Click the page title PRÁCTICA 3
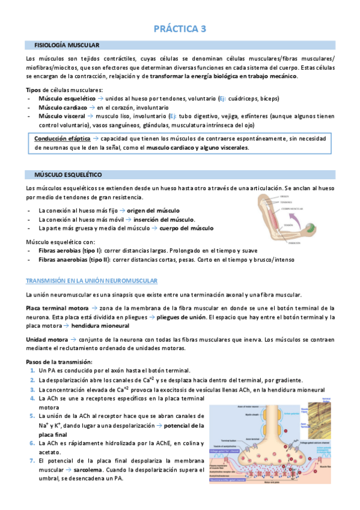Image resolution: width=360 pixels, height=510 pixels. pyautogui.click(x=180, y=28)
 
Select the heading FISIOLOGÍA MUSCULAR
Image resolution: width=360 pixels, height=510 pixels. pyautogui.click(x=67, y=45)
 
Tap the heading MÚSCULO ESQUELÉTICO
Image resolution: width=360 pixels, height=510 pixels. pyautogui.click(x=68, y=174)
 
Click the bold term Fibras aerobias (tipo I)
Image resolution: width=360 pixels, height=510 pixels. pyautogui.click(x=70, y=250)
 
